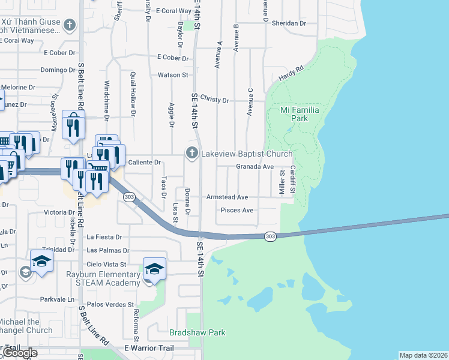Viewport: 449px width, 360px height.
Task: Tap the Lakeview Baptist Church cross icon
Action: click(192, 154)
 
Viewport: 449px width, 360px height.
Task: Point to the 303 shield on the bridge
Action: click(270, 236)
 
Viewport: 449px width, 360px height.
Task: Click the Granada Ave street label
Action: click(255, 166)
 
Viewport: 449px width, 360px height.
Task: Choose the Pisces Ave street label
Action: click(237, 210)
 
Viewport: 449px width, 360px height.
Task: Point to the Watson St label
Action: click(173, 75)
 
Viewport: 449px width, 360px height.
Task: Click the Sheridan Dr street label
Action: click(289, 23)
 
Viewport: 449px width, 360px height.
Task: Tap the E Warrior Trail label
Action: click(148, 348)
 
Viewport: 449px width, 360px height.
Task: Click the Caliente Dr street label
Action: click(145, 162)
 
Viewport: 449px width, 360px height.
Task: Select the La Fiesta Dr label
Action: click(104, 237)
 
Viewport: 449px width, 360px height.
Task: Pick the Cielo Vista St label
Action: click(107, 263)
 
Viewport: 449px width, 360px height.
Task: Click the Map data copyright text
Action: click(423, 355)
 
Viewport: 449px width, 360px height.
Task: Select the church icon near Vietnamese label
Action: click(70, 25)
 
